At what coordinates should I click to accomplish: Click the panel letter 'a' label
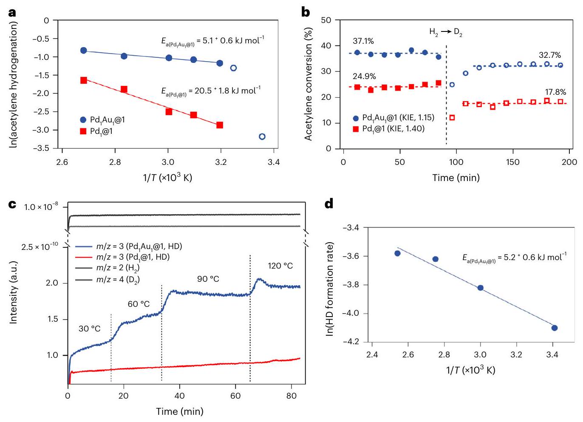pos(12,12)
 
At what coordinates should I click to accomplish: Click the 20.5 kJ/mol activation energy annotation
pos(211,91)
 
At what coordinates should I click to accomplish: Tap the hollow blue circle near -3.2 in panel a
pos(262,136)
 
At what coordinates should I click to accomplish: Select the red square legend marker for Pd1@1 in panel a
pos(83,131)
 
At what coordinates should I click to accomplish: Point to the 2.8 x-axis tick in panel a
pos(115,162)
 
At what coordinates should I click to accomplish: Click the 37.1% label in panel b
pos(363,41)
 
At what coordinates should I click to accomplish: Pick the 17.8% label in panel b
pos(556,92)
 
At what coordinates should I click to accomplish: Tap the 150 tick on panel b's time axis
pos(513,162)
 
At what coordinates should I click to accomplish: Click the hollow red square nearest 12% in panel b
pos(452,118)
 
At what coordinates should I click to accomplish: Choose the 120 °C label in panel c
pos(280,266)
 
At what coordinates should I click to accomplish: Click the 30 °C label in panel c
pos(90,329)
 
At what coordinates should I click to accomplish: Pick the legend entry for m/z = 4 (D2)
pos(118,279)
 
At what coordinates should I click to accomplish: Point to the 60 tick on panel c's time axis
pos(235,396)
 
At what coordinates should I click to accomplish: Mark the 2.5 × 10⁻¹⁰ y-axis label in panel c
pos(40,246)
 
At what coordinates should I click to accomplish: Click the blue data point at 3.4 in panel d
pos(554,328)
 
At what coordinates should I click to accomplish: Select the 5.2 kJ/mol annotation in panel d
pos(514,258)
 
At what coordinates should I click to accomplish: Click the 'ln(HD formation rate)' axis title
pos(330,289)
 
